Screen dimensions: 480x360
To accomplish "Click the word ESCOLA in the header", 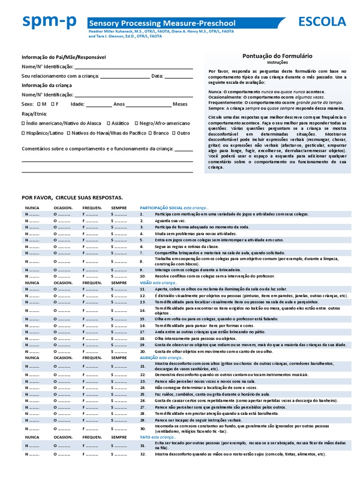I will coord(322,22).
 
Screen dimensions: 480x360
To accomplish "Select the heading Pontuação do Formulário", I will coord(277,56).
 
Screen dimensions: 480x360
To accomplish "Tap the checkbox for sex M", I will coord(38,104).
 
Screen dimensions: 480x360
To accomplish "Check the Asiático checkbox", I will coord(109,123).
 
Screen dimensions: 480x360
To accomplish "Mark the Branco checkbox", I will coord(150,133).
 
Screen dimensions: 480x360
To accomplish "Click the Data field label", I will coord(157,76).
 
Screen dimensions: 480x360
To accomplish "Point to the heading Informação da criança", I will coord(46,85).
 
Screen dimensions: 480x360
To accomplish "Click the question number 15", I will coord(142,318).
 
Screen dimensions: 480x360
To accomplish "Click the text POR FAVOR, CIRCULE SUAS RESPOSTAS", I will coord(72,198).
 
